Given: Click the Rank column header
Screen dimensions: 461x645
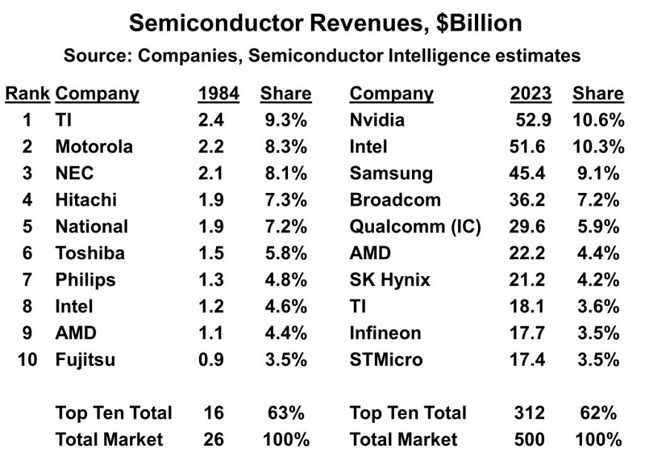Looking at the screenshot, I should pyautogui.click(x=28, y=94).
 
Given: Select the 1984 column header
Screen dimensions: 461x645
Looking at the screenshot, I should pyautogui.click(x=218, y=94).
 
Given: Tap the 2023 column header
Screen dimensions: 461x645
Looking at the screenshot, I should pyautogui.click(x=531, y=94).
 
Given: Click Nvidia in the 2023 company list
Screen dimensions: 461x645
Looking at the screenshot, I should pyautogui.click(x=377, y=121).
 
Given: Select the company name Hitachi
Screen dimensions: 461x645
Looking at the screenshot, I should pyautogui.click(x=85, y=200).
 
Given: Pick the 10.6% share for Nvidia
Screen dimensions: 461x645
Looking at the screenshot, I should pyautogui.click(x=598, y=121).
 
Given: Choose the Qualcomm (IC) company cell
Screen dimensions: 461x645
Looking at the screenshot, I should pyautogui.click(x=415, y=227).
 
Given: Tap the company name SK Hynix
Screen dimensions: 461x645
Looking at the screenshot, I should pyautogui.click(x=390, y=280).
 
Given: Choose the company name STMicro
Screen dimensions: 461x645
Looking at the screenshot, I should pyautogui.click(x=386, y=359).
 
